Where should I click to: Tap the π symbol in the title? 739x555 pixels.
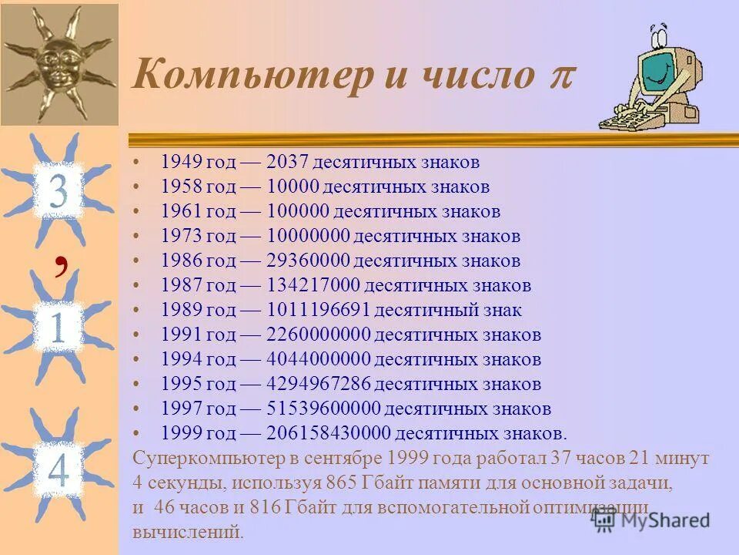(x=562, y=77)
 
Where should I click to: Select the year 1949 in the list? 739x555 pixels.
(x=182, y=163)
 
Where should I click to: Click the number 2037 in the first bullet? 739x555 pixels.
(x=288, y=163)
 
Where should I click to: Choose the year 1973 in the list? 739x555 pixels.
(x=182, y=237)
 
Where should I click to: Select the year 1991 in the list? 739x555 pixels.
(x=182, y=335)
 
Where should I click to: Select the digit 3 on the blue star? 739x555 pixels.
(x=59, y=192)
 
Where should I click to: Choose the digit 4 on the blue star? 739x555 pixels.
(x=59, y=466)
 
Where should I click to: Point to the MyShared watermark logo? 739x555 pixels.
(x=651, y=520)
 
